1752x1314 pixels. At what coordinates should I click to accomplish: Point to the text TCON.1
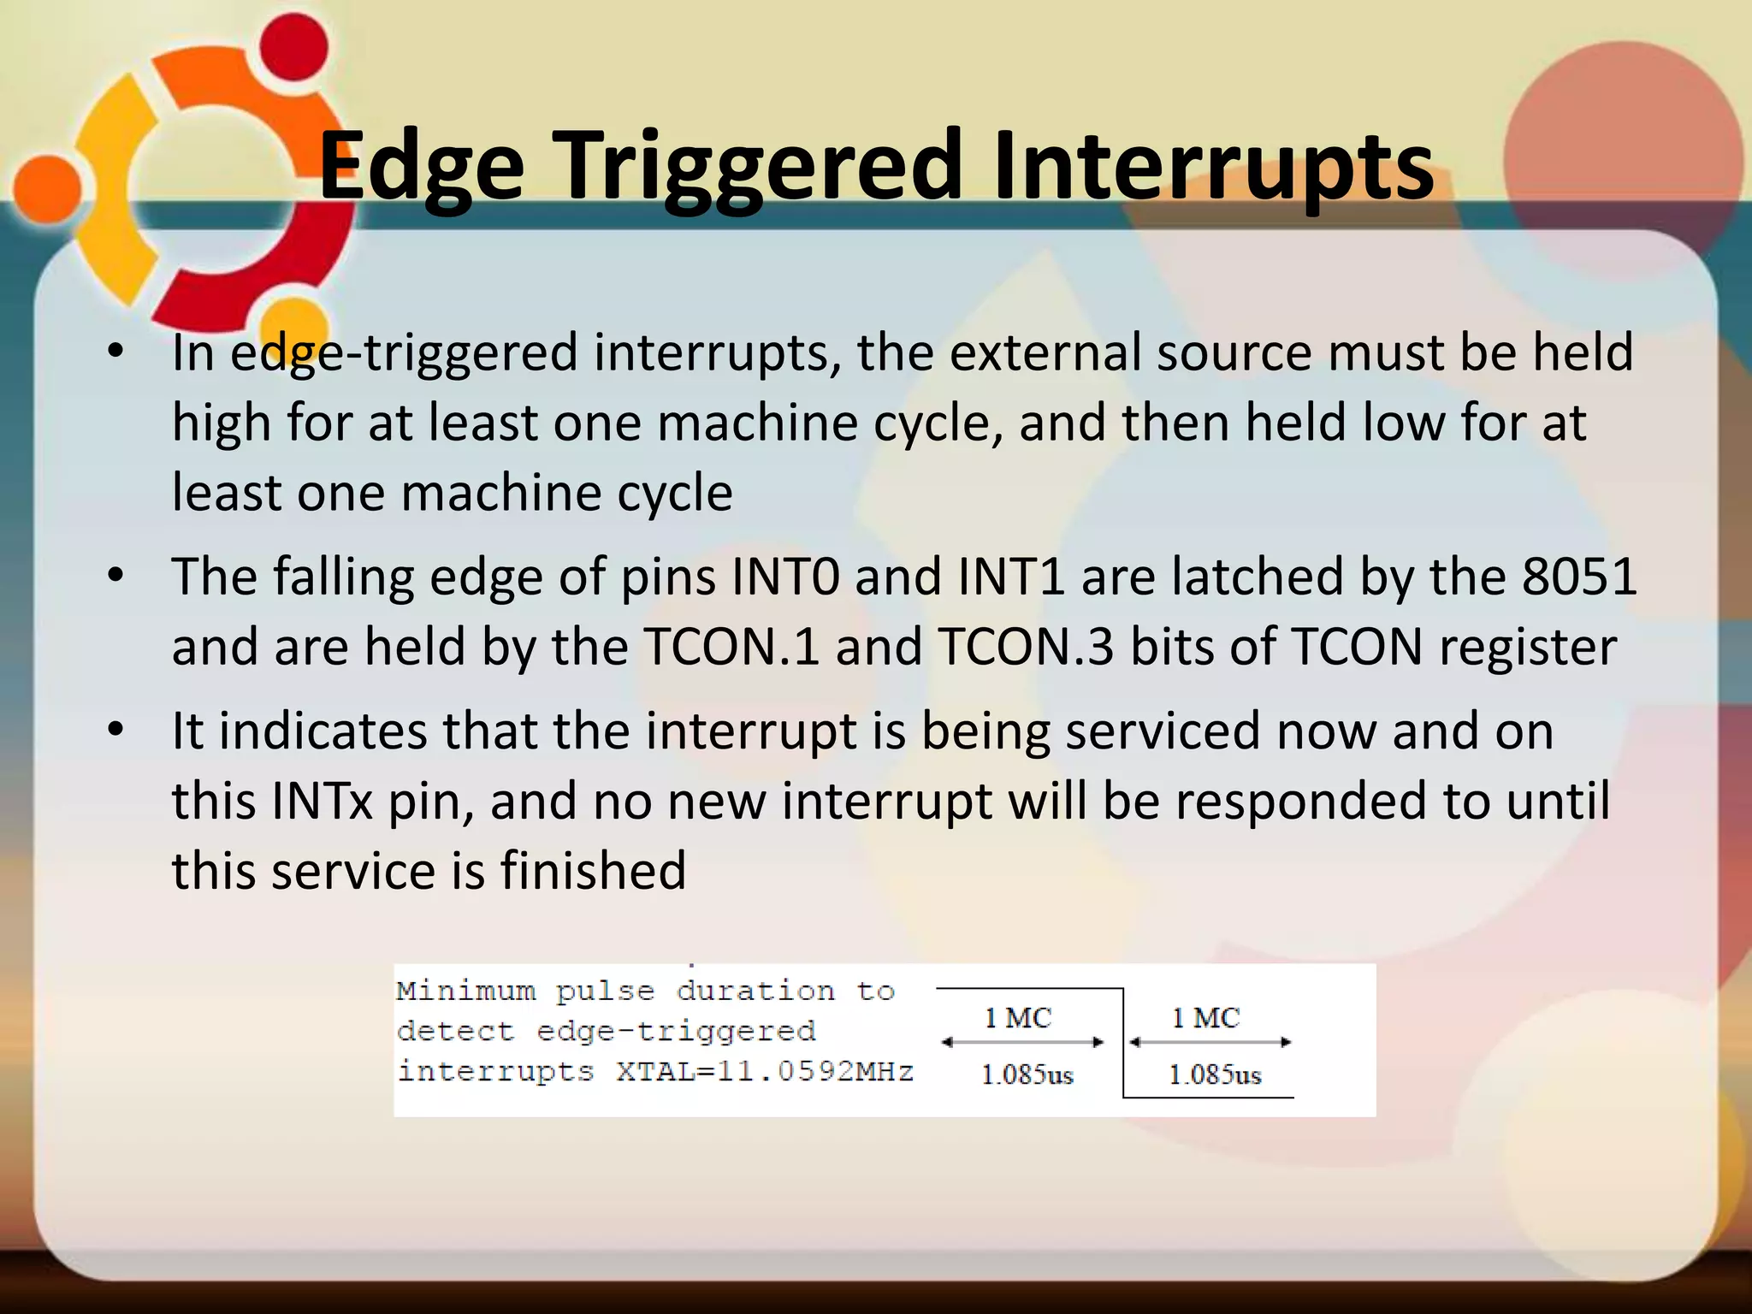coord(731,646)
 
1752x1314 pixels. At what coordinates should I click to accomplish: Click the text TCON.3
coord(1026,646)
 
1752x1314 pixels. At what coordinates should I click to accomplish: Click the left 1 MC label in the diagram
coord(1017,1018)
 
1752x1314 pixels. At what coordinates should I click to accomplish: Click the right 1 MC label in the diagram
coord(1205,1018)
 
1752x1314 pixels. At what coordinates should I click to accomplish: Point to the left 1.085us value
coord(1027,1074)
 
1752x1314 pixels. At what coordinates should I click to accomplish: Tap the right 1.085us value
coord(1215,1074)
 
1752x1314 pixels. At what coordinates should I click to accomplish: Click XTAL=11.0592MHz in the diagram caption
coord(765,1071)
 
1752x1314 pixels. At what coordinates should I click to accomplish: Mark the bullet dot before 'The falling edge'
coord(116,575)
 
